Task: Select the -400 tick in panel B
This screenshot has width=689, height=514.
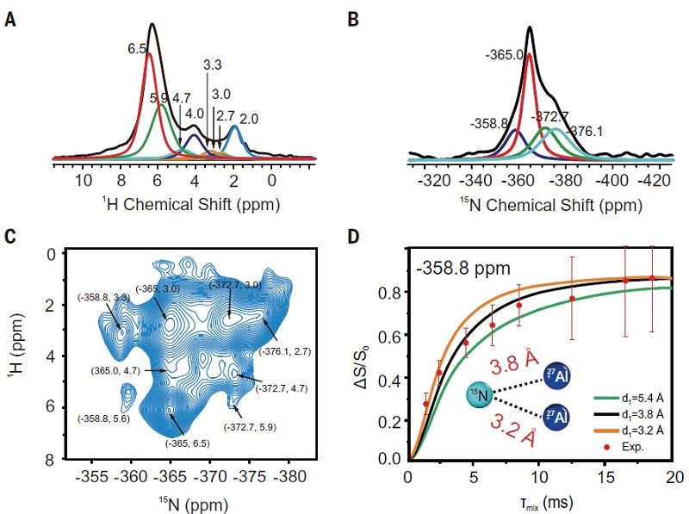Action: click(x=612, y=183)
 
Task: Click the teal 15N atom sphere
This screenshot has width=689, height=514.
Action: click(x=481, y=397)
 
